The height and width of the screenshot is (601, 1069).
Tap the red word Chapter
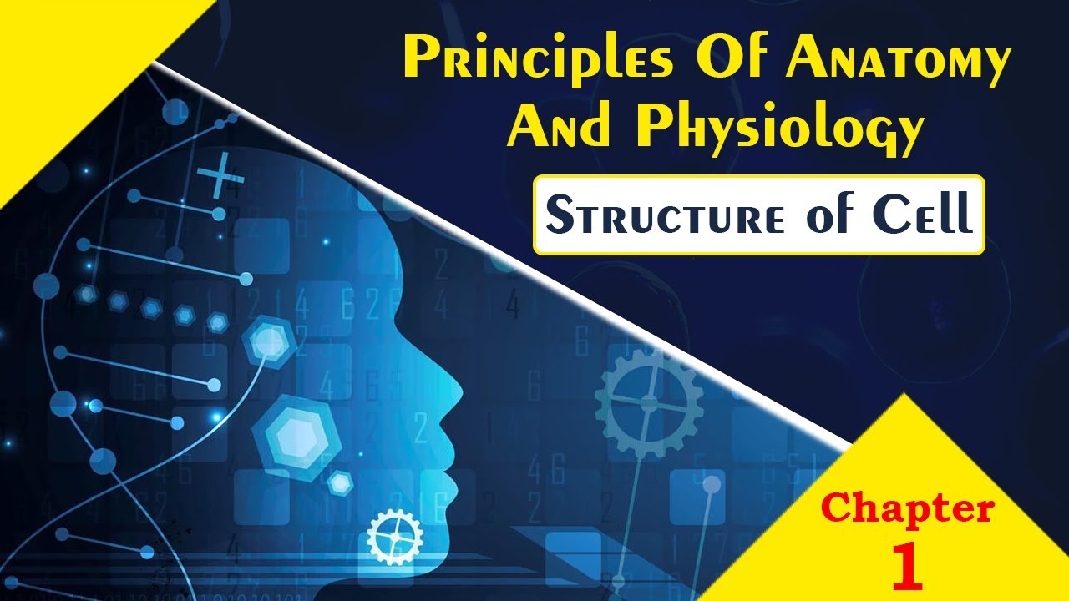[908, 508]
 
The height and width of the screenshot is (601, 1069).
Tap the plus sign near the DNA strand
[220, 176]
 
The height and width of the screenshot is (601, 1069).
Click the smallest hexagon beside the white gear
[340, 482]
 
